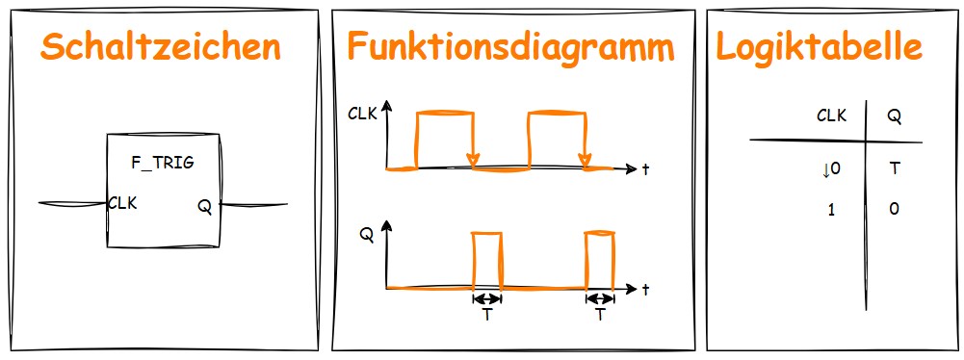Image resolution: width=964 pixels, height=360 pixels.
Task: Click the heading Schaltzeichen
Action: (162, 46)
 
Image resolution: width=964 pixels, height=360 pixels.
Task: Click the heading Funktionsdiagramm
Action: (510, 46)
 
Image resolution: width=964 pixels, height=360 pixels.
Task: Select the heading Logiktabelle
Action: (819, 46)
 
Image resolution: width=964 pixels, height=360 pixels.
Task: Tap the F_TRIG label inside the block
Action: (163, 163)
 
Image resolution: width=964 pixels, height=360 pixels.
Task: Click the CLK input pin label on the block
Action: (122, 203)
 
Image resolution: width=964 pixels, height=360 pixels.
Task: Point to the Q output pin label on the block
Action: (205, 204)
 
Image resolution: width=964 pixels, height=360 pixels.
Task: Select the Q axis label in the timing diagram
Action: (367, 234)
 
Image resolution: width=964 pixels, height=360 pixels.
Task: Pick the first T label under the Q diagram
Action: (487, 315)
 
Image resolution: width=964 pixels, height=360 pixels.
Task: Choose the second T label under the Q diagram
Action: (601, 315)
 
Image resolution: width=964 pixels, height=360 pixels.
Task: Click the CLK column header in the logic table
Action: (831, 116)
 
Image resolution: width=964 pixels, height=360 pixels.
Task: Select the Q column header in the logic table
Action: (894, 116)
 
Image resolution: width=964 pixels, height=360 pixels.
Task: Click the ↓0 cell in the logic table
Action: (831, 169)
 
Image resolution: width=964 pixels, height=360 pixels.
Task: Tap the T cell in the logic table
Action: (894, 169)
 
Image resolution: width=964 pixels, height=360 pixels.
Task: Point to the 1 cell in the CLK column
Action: (831, 209)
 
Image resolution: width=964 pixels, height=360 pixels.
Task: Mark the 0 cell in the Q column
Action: (894, 209)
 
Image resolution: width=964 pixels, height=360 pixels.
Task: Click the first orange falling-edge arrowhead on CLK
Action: (473, 159)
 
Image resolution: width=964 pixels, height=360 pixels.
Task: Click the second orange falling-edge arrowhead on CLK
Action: (585, 159)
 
